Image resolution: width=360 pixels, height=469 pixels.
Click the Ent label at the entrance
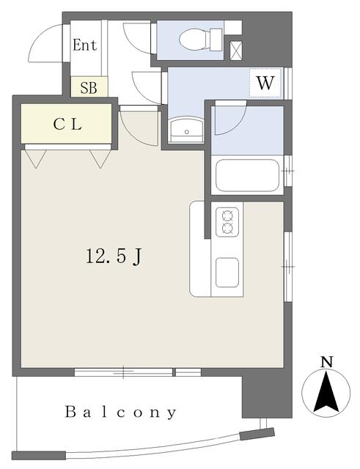[85, 45]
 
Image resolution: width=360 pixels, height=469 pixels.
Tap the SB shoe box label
[89, 88]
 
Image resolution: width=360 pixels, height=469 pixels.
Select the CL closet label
[67, 124]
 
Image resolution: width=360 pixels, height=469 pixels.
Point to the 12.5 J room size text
[114, 256]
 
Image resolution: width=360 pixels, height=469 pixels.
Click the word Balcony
[120, 413]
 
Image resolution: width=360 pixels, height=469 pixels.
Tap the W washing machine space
[265, 83]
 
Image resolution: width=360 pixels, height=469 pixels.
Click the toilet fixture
[201, 40]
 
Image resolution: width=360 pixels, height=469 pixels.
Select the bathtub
[247, 175]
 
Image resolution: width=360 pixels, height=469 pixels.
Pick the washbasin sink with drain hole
[186, 130]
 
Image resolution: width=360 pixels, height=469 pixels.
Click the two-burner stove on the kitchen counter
[227, 222]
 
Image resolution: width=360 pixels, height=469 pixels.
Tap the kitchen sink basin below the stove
[227, 273]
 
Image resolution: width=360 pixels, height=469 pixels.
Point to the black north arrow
[326, 391]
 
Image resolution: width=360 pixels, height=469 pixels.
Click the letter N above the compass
[326, 362]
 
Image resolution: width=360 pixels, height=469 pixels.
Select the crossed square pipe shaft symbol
[236, 51]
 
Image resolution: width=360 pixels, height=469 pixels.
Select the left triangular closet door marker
[36, 158]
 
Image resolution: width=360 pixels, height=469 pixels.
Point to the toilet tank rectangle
[216, 40]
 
